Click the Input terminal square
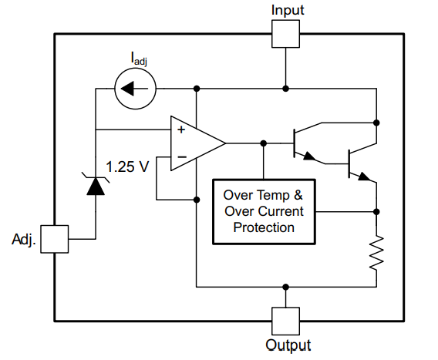point(287,33)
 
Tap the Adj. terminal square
point(55,239)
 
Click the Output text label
point(288,345)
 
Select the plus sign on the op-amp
point(180,130)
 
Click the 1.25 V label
point(127,167)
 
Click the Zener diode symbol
point(96,186)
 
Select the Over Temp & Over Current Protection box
point(264,211)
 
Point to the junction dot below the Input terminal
point(287,89)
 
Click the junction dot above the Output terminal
point(287,287)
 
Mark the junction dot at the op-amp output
point(264,143)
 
